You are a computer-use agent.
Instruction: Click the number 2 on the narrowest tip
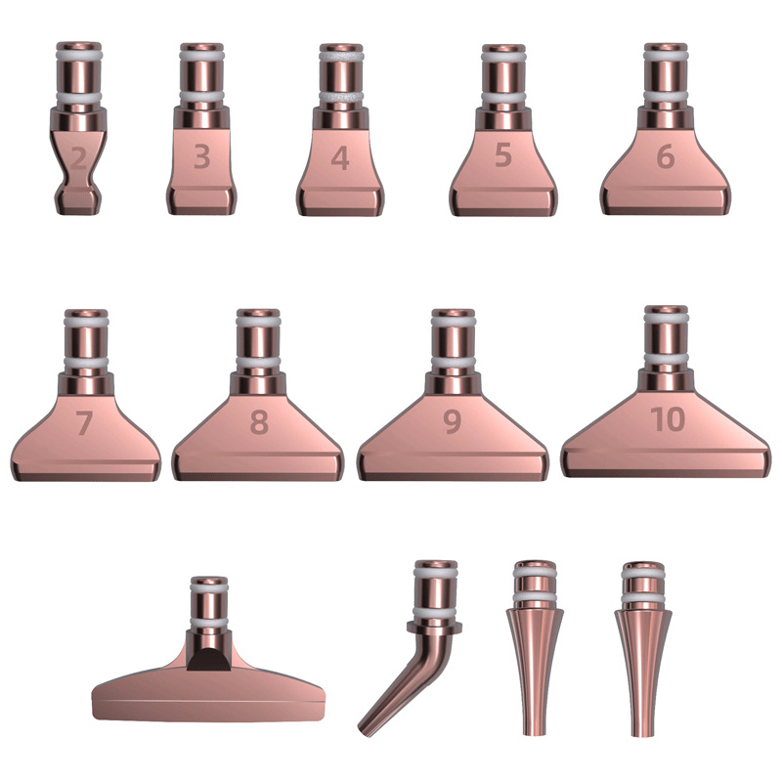79,158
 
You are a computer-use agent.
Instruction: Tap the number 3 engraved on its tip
201,156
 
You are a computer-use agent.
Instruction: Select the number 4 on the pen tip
340,158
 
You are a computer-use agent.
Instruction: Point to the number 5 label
503,154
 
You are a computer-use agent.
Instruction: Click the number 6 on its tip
666,156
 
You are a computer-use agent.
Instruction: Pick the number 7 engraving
84,423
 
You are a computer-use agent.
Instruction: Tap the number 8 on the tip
259,422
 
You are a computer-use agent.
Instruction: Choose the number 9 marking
453,421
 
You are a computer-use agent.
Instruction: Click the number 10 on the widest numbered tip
668,418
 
